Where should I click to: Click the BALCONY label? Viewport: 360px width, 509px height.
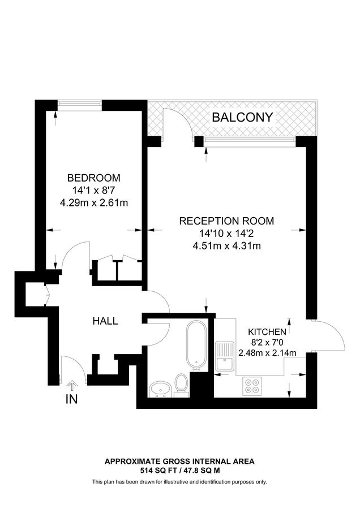242,118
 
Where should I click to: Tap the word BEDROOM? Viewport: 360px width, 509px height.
93,177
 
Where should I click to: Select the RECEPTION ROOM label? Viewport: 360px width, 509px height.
226,221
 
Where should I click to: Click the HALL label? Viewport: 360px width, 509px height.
105,321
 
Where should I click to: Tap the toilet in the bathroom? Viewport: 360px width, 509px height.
181,384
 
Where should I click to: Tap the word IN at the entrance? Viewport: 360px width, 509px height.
72,399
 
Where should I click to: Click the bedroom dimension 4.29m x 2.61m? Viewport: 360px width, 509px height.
93,202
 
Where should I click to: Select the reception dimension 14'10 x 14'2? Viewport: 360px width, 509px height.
226,233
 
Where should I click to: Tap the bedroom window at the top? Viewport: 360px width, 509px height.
79,103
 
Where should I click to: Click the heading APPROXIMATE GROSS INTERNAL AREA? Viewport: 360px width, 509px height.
179,461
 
